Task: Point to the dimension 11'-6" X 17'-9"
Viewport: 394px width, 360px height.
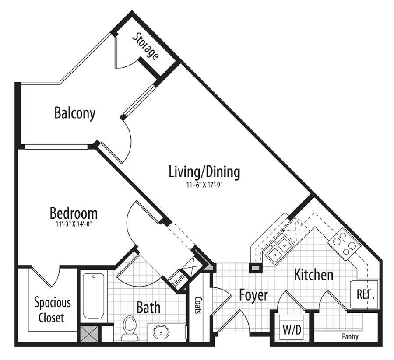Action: [x=204, y=185]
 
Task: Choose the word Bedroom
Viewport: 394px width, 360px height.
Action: [x=74, y=214]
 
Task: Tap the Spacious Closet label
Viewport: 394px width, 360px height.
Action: [x=53, y=309]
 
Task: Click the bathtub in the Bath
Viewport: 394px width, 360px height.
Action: [x=93, y=296]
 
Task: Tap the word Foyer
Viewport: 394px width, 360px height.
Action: [x=253, y=295]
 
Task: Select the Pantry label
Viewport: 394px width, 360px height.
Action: [x=351, y=337]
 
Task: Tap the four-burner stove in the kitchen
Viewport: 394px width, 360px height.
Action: [x=344, y=243]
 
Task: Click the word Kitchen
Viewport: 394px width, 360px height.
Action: [x=313, y=275]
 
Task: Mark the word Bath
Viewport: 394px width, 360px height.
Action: [x=148, y=308]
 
